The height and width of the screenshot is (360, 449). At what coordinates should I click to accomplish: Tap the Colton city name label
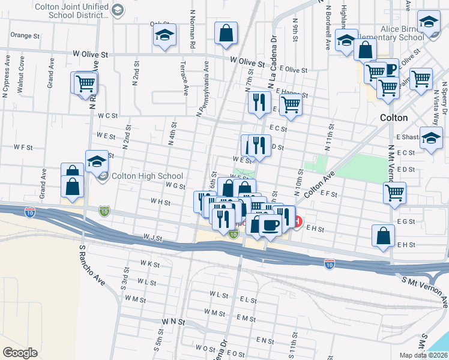(394, 118)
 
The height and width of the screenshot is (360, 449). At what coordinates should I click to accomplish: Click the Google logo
(20, 353)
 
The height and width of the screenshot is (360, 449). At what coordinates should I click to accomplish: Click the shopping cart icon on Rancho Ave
(86, 83)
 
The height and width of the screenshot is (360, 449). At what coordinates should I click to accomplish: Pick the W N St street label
(173, 322)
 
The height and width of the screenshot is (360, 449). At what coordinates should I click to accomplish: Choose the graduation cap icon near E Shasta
(430, 138)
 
